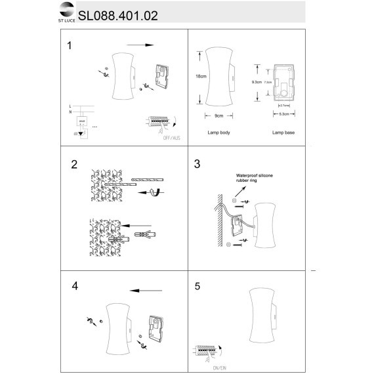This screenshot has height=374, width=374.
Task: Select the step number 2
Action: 74,164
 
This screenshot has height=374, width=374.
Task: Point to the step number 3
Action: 197,164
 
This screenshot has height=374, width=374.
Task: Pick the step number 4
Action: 74,286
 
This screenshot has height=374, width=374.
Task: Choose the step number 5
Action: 197,287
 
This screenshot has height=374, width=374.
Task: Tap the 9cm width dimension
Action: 220,115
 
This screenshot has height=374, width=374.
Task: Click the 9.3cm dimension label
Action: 257,83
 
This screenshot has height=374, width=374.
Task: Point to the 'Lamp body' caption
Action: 218,133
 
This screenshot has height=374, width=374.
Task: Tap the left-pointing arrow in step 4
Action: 145,290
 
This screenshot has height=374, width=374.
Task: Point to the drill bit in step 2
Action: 149,180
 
